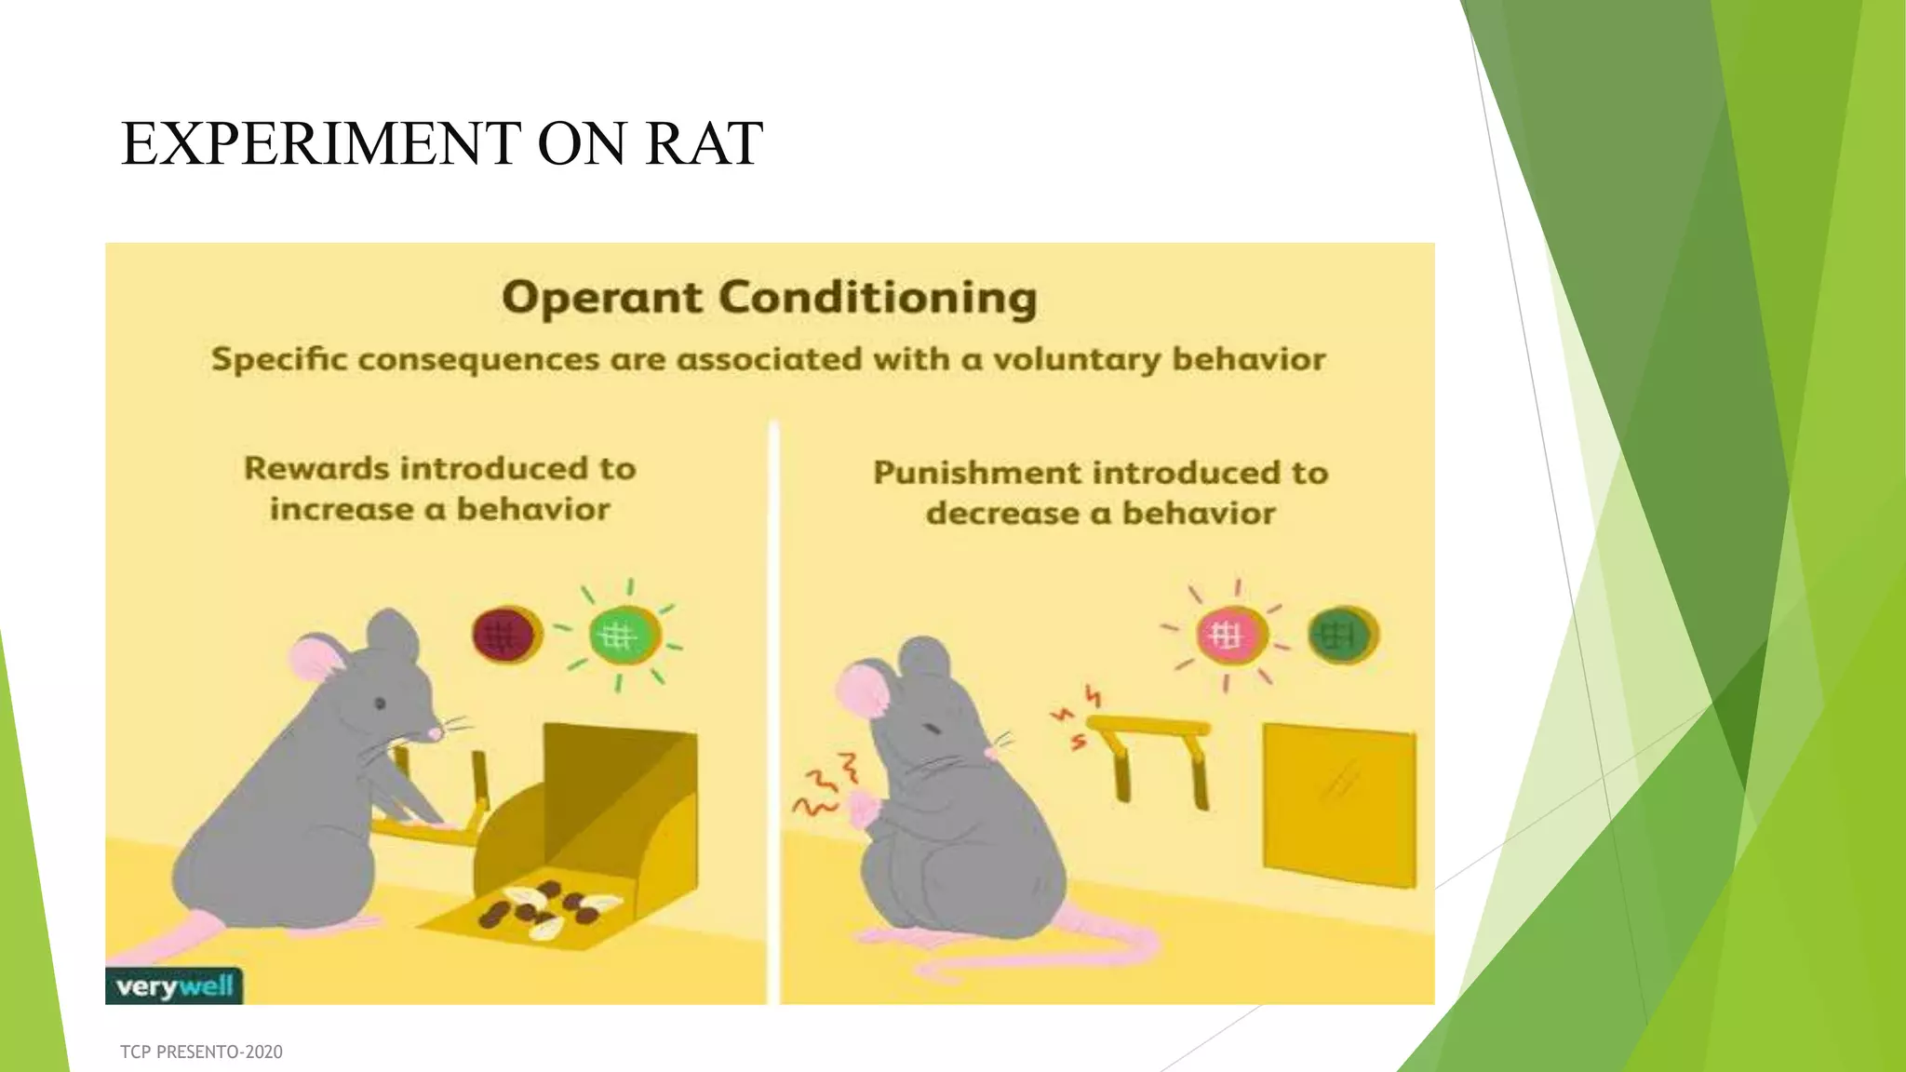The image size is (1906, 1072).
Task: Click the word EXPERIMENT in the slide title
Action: point(320,144)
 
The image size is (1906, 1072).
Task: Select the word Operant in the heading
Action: point(602,299)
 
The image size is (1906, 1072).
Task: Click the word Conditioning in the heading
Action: point(878,299)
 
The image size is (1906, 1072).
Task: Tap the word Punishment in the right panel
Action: point(977,473)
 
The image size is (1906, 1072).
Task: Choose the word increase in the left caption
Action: point(341,510)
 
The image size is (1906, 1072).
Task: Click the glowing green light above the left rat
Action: point(622,636)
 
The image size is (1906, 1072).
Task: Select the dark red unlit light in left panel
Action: point(504,635)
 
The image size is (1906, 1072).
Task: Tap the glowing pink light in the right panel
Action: point(1228,636)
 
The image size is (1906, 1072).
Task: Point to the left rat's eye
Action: point(380,703)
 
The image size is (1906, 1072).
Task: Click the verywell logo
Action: point(174,986)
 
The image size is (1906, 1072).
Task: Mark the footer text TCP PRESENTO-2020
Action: point(201,1052)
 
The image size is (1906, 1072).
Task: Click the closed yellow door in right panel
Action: point(1339,805)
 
